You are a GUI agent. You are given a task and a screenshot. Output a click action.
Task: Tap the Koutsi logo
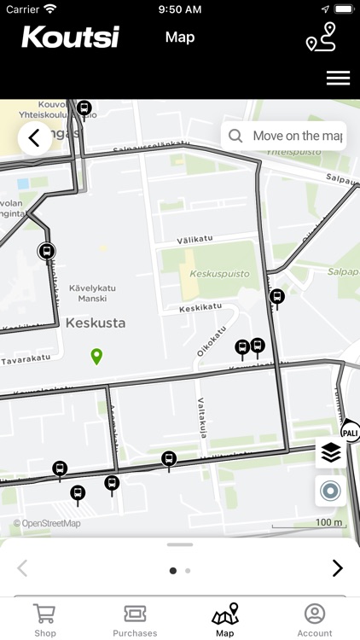click(x=70, y=37)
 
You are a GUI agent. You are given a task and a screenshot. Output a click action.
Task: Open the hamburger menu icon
click(x=338, y=78)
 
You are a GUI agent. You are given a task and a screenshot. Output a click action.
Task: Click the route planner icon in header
click(x=321, y=38)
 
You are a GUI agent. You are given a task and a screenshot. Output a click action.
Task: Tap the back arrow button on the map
click(x=34, y=137)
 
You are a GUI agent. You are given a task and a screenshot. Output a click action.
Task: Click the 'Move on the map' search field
click(x=284, y=136)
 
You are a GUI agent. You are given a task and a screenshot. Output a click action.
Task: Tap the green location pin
click(x=96, y=356)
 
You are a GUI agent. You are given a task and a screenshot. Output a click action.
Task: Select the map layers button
click(x=331, y=453)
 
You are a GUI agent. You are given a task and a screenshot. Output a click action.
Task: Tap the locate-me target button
click(x=331, y=491)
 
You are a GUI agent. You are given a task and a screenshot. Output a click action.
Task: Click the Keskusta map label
click(x=96, y=323)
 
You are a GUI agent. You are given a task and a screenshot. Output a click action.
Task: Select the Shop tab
click(x=45, y=620)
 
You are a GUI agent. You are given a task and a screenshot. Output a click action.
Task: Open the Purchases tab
click(x=135, y=620)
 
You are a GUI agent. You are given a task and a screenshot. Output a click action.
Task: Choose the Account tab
click(x=315, y=620)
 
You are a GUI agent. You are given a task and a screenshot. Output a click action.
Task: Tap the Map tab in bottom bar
click(x=225, y=620)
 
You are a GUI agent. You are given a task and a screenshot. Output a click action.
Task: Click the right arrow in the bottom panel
click(x=337, y=568)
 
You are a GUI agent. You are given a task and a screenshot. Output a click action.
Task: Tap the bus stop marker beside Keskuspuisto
click(x=276, y=297)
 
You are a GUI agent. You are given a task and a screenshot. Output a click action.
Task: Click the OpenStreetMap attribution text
click(x=47, y=523)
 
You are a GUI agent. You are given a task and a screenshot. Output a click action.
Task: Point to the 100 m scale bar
click(x=328, y=523)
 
